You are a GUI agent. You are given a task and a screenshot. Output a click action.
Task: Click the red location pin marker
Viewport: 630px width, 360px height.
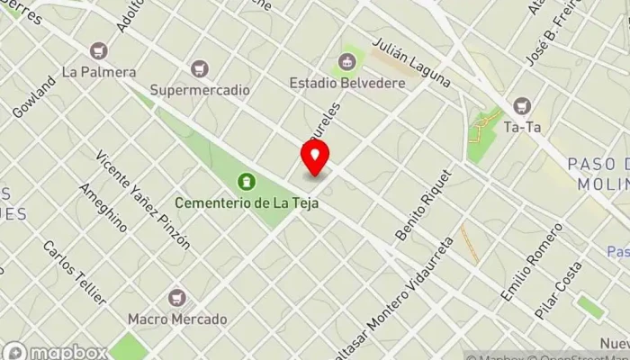315,159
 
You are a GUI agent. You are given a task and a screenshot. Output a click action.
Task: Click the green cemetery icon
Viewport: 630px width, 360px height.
244,183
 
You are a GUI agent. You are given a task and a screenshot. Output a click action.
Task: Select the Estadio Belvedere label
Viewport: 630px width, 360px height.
347,83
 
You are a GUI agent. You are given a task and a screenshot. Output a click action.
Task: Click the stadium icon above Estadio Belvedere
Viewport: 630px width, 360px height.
346,62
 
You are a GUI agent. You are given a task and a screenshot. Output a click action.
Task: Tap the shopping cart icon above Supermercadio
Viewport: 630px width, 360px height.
200,68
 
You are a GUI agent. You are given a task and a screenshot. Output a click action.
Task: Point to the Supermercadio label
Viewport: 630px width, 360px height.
200,90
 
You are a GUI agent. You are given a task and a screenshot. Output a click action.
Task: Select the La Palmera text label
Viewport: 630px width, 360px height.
99,71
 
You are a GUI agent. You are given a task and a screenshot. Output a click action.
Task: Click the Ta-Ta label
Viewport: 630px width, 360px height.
522,127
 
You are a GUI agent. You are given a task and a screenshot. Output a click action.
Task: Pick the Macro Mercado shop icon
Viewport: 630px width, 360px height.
177,297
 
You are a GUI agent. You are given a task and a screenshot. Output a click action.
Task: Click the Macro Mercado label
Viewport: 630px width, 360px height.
177,319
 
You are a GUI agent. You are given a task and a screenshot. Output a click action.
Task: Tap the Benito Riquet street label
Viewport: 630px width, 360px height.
421,204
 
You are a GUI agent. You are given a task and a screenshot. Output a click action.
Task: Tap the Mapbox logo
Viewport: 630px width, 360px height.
56,351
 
